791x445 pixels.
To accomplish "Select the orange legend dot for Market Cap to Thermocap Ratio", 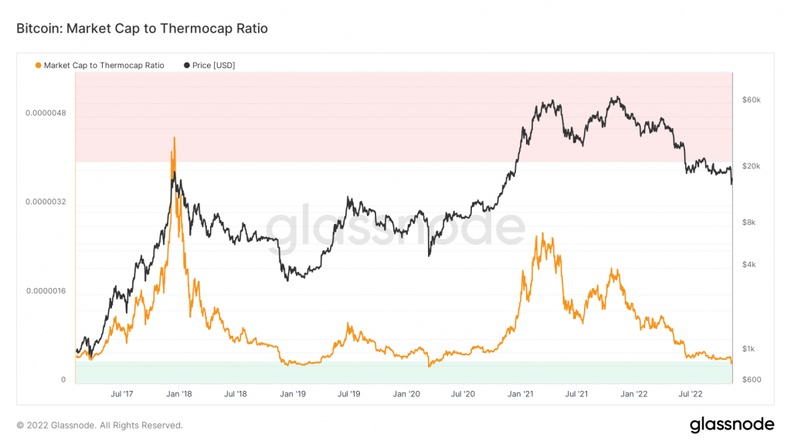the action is point(38,65).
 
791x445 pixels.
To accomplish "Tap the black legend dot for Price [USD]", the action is point(187,65).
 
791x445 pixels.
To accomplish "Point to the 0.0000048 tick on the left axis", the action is point(46,113).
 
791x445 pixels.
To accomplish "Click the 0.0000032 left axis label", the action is point(46,202).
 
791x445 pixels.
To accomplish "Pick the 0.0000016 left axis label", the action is point(46,291).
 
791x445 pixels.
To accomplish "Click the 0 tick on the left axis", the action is point(63,380).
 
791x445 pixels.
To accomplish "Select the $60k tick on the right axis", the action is point(751,100).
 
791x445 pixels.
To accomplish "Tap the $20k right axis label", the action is point(751,166).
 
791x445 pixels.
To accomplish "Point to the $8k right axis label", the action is point(749,222).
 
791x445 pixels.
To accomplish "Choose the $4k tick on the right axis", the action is point(749,264).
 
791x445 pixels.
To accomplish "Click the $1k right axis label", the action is point(749,348).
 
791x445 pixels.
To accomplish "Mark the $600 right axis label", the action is point(751,379).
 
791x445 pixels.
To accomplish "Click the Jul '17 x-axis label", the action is point(122,394).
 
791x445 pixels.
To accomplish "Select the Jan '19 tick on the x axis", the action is point(293,394).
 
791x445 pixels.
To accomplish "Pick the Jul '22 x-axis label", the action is point(691,394).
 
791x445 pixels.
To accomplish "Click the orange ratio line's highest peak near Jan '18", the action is point(175,138).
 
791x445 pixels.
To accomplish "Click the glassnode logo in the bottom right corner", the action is point(732,425).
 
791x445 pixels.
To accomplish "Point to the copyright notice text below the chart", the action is point(100,426).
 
